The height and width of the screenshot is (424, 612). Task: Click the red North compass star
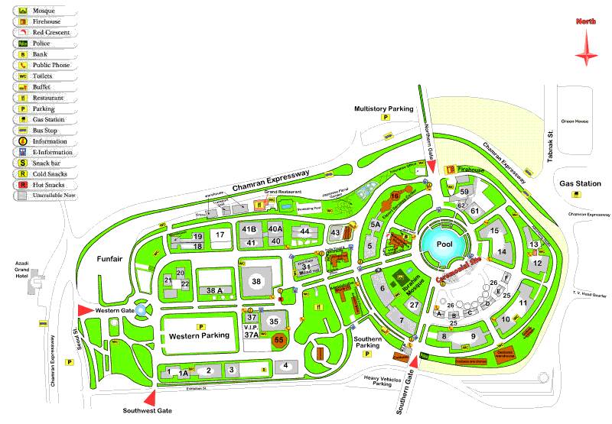click(x=588, y=53)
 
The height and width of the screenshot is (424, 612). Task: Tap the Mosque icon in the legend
click(x=23, y=11)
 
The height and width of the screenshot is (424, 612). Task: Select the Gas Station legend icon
click(x=23, y=119)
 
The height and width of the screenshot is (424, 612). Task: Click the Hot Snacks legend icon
click(x=23, y=184)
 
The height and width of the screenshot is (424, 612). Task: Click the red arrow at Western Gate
click(x=83, y=310)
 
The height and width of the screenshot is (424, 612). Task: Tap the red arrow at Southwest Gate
click(x=151, y=397)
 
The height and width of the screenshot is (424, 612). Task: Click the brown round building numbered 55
click(x=279, y=339)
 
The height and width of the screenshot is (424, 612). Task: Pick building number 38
click(x=256, y=282)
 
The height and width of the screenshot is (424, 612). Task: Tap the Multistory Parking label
click(x=383, y=109)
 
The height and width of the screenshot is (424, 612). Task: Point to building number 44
click(x=304, y=231)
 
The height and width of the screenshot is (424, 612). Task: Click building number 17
click(x=220, y=235)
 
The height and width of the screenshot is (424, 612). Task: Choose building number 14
click(x=502, y=251)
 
